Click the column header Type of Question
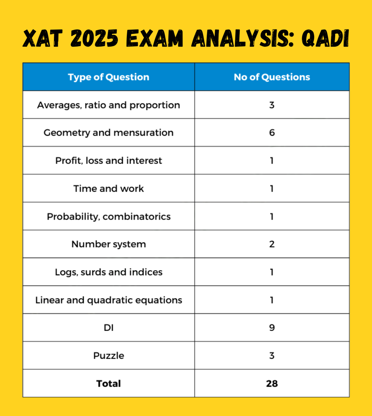(108, 77)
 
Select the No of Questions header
(272, 77)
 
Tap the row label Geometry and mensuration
(108, 133)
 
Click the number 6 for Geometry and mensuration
(272, 133)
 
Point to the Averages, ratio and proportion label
(108, 105)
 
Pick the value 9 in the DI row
(272, 327)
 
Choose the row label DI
(109, 328)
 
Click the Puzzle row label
(109, 356)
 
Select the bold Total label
(108, 383)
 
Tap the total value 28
(272, 383)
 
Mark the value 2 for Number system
(272, 244)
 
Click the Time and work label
(108, 189)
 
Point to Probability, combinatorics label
(109, 217)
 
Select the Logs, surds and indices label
(109, 272)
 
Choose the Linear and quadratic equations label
(109, 300)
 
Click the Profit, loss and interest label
(109, 160)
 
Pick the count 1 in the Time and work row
(272, 189)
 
